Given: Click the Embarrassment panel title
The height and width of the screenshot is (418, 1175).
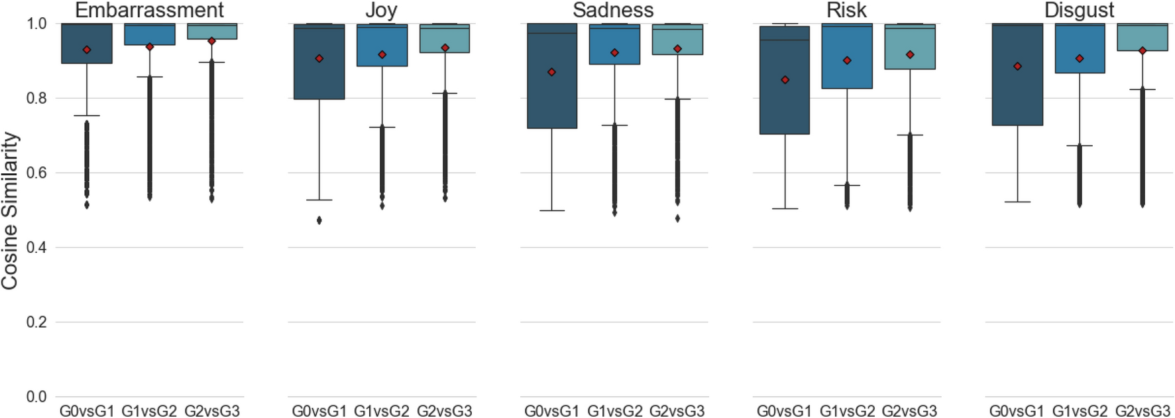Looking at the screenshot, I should [x=149, y=10].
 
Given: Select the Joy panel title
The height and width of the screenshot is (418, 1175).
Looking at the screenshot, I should [x=381, y=10].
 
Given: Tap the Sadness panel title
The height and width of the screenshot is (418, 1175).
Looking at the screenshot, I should [x=613, y=10].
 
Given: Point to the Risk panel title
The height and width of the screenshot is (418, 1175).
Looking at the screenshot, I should [x=846, y=10].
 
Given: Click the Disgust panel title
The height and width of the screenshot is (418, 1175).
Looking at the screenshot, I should [x=1079, y=10].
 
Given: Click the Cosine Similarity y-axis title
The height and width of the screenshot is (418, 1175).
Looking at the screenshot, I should [x=9, y=210].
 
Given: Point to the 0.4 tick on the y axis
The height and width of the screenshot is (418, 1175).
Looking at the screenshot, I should [x=36, y=247].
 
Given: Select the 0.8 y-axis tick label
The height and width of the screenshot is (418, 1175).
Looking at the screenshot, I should [x=36, y=98].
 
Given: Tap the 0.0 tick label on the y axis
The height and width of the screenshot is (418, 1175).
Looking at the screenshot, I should [x=36, y=397].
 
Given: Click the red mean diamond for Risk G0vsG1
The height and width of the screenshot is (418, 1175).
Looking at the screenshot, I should [x=785, y=80].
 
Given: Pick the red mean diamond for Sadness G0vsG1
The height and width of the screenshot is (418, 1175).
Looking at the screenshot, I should [x=552, y=72].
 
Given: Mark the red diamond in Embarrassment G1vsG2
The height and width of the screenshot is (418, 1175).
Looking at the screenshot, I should [x=150, y=46].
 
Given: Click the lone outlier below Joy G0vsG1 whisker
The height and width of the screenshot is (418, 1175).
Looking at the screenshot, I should [x=319, y=220].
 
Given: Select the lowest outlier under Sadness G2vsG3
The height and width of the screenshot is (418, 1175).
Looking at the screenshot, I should [x=677, y=218].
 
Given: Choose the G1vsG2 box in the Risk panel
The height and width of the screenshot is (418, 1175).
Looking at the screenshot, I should [x=847, y=56].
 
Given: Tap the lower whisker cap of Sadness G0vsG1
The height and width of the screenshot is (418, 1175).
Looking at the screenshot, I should [x=552, y=210].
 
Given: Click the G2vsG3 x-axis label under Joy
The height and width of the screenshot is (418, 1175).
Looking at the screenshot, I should [x=444, y=411].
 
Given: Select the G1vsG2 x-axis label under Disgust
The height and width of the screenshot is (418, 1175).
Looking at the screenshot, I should [x=1080, y=411].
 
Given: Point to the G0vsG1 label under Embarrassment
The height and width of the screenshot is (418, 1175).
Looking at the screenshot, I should [x=86, y=411].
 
